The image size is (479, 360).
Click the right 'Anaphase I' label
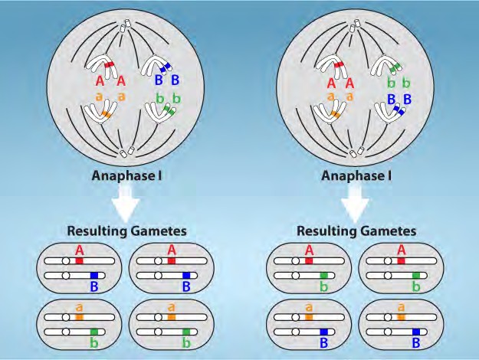pyautogui.click(x=356, y=175)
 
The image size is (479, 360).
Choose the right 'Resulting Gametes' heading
pyautogui.click(x=356, y=230)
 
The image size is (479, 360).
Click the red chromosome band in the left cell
pyautogui.click(x=109, y=65)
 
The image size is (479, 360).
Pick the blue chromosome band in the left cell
pyautogui.click(x=164, y=68)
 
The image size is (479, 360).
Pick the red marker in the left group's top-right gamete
pyautogui.click(x=171, y=261)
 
